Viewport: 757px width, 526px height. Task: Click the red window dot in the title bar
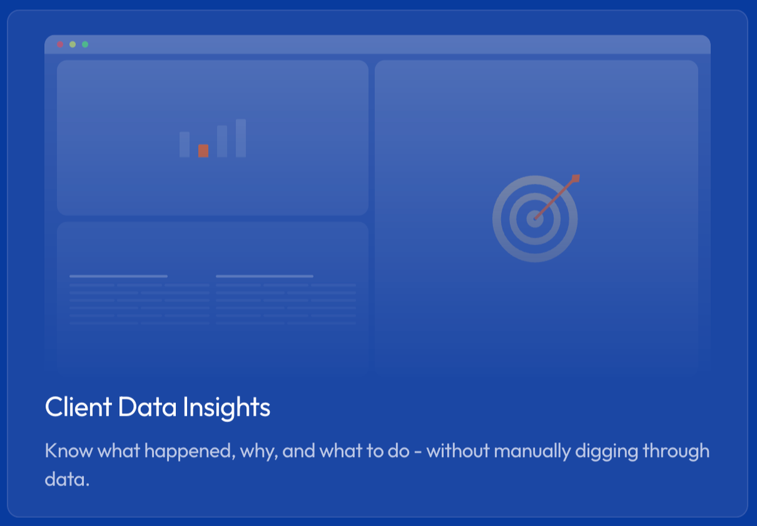coord(60,44)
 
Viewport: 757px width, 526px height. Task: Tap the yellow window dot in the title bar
coord(73,44)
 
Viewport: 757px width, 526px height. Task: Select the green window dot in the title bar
coord(85,44)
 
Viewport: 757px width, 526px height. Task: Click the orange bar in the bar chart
coord(203,150)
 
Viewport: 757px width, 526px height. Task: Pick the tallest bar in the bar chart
coord(241,138)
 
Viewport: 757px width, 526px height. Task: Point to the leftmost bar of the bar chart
coord(185,144)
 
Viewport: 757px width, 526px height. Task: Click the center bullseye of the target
coord(534,219)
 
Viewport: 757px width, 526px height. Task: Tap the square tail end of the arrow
coord(576,178)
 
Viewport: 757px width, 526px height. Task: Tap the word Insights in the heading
coord(226,407)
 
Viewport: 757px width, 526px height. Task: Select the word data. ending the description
coord(67,480)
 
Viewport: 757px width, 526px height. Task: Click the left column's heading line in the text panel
coord(118,276)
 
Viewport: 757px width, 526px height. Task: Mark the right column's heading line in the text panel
coord(264,276)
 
